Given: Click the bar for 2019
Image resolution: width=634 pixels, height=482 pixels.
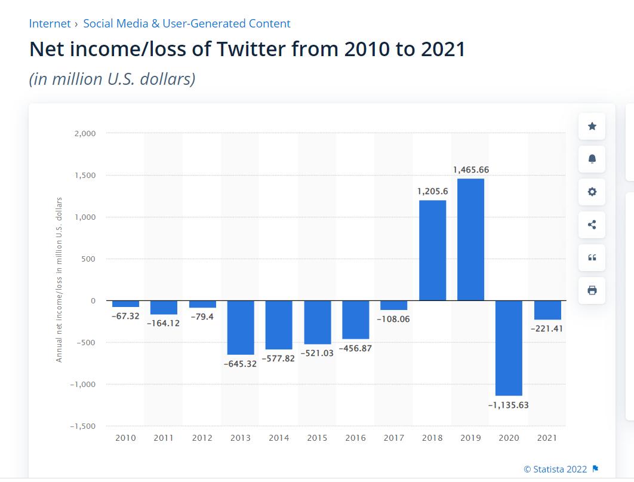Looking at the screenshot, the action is [470, 240].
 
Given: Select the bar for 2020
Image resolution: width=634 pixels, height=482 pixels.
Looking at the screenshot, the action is [509, 348].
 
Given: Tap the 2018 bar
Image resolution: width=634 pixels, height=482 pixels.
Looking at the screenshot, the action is [433, 250].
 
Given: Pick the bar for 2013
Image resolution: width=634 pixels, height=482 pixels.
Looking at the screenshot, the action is [241, 327].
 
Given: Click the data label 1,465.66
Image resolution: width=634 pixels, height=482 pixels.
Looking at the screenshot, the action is [471, 170].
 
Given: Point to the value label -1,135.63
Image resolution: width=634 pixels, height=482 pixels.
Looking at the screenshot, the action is [508, 405].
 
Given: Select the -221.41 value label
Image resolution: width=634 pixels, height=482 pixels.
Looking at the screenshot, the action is [547, 329].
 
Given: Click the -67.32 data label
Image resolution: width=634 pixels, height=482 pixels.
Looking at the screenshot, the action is [125, 316].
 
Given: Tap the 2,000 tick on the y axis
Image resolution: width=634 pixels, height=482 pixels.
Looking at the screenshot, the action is [85, 133].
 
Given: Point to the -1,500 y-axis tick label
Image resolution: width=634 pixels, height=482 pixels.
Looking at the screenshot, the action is [83, 426].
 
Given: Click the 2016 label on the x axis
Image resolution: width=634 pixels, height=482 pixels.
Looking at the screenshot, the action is [355, 438].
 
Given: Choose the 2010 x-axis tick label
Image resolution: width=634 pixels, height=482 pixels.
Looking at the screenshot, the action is [125, 438].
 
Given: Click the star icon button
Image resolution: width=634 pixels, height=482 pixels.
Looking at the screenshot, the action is [592, 127].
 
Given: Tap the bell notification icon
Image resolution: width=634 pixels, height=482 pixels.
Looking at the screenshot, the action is [592, 159].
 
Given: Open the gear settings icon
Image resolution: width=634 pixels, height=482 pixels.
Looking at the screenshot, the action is [592, 192].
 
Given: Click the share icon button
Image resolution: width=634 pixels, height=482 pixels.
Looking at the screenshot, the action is [592, 225].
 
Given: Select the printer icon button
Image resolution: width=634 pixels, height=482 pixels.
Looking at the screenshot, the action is [592, 290].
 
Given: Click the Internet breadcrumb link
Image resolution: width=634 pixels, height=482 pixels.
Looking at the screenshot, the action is [50, 23].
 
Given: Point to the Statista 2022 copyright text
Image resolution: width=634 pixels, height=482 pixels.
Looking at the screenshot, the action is [555, 469].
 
